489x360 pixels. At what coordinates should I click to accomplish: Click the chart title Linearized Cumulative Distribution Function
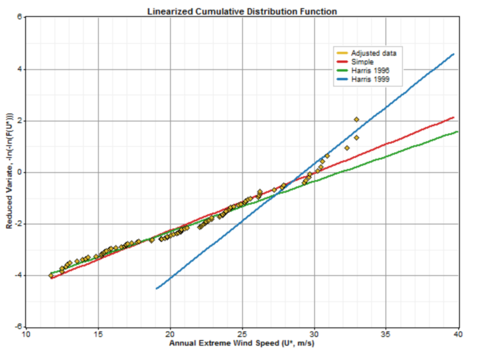[x=242, y=11]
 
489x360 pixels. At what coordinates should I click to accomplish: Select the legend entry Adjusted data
[x=373, y=53]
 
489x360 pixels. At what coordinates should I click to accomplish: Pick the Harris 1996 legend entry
[x=369, y=71]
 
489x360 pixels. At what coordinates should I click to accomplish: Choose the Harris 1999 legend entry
[x=369, y=80]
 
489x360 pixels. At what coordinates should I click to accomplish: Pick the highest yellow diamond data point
[x=357, y=119]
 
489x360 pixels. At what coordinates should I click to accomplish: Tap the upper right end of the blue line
[x=454, y=54]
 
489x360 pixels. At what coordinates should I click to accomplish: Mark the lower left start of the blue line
[x=156, y=289]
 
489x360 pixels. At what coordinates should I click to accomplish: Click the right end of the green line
[x=457, y=131]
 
